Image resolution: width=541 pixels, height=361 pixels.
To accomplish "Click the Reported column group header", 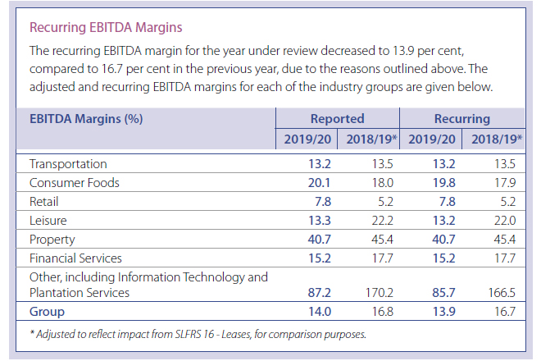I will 337,119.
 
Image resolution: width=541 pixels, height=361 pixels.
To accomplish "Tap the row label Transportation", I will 68,164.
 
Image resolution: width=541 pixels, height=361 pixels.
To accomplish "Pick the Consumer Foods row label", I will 75,183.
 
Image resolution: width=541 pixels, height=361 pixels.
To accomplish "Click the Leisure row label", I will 48,221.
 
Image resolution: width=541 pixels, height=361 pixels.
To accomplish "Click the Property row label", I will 52,240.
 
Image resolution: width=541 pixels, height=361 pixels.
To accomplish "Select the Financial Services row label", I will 79,258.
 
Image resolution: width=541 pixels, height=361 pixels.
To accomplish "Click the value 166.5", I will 502,293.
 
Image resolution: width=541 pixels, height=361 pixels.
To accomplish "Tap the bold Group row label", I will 48,312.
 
